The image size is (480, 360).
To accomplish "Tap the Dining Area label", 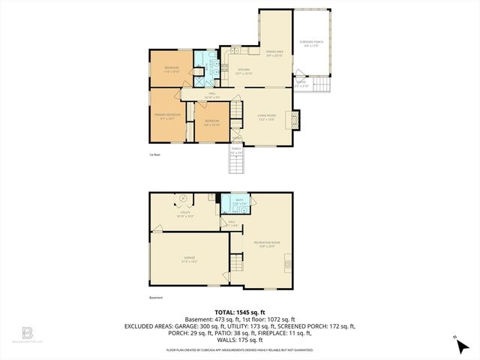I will [x=274, y=53].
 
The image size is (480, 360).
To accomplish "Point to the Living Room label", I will [x=268, y=117].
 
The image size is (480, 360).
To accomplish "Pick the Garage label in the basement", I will [x=188, y=259].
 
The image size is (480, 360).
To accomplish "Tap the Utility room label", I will [x=184, y=214].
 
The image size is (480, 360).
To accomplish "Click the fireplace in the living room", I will [x=296, y=120].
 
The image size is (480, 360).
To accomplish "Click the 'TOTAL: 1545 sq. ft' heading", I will [x=240, y=312].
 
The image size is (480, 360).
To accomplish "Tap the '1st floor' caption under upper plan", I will [x=155, y=155].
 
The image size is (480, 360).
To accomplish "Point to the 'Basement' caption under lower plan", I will [x=156, y=298].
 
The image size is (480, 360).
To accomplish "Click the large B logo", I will [x=28, y=332].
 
